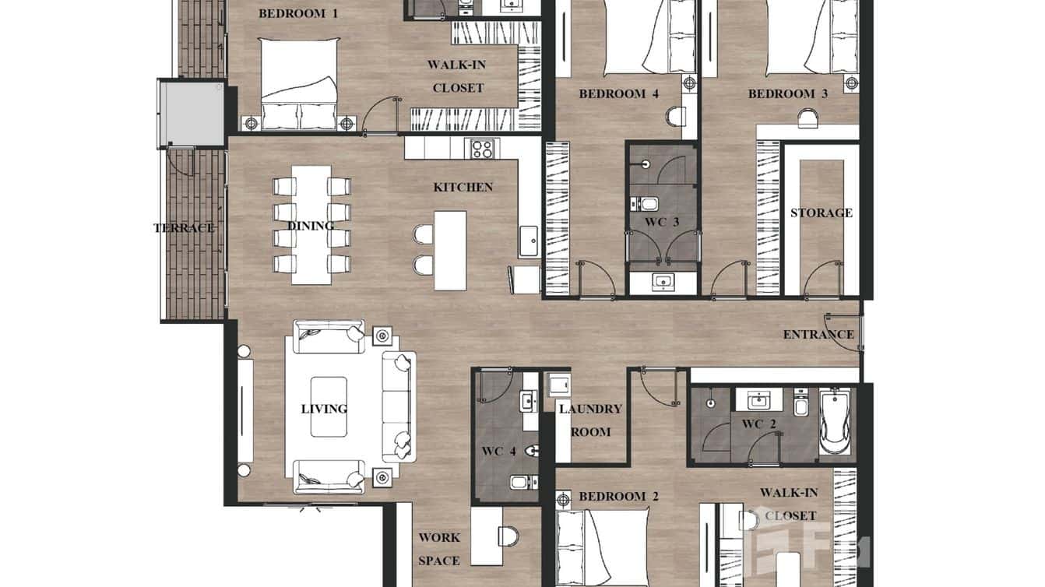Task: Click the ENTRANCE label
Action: point(818,335)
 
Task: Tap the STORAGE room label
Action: point(821,213)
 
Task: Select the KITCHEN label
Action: point(463,187)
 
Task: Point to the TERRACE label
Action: point(184,228)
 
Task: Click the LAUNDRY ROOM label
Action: point(591,420)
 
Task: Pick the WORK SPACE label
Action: point(439,549)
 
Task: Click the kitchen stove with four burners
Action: point(482,149)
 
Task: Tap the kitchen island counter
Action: point(450,249)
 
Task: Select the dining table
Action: point(311,225)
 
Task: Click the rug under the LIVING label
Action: point(329,408)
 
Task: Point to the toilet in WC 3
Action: point(648,205)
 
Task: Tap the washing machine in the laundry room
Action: point(558,385)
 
